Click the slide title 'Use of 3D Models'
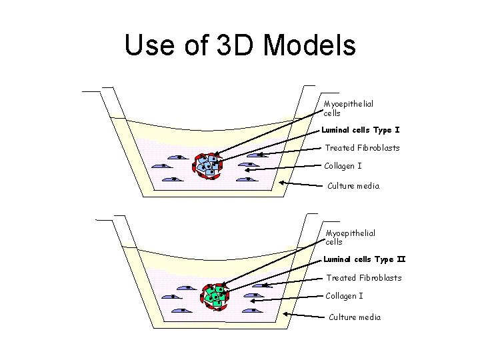240,45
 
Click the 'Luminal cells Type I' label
361,130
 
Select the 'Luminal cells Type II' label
365,259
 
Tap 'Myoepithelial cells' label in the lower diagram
350,237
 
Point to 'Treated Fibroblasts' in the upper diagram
362,147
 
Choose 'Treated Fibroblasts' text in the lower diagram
363,277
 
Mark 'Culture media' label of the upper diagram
353,186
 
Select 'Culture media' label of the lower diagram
355,317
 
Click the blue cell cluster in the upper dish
208,164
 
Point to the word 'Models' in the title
310,45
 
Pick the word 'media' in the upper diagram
368,186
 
